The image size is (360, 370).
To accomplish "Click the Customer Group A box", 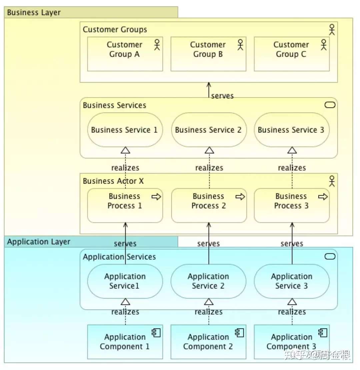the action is (x=125, y=54).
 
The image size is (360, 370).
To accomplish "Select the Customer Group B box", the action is (x=208, y=54).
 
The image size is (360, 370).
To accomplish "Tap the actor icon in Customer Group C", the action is (x=324, y=45).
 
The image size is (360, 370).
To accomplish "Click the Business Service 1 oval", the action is (x=125, y=130).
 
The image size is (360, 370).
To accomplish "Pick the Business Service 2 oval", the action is (x=209, y=130).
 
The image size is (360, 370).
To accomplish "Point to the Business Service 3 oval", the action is (x=292, y=130).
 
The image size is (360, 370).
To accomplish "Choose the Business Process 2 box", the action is (x=209, y=205).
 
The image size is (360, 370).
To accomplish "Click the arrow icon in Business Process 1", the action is (x=156, y=196).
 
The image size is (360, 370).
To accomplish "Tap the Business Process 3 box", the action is (x=292, y=205).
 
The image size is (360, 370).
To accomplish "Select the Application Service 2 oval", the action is (x=208, y=281).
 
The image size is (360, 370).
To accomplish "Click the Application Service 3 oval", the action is (x=292, y=281).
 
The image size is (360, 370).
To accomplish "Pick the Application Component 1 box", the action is (x=125, y=342).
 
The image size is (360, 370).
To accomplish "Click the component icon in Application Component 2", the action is (x=239, y=333).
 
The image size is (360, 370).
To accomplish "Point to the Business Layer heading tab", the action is (x=91, y=12).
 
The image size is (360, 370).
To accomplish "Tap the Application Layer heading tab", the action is (x=91, y=242).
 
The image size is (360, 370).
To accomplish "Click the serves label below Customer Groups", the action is (x=222, y=96).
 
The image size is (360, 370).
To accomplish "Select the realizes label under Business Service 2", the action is (x=209, y=168).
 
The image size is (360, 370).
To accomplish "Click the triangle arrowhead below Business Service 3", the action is (x=292, y=150).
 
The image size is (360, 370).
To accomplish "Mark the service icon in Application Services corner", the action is (x=330, y=256).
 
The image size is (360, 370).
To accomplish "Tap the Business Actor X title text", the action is (x=113, y=181).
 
